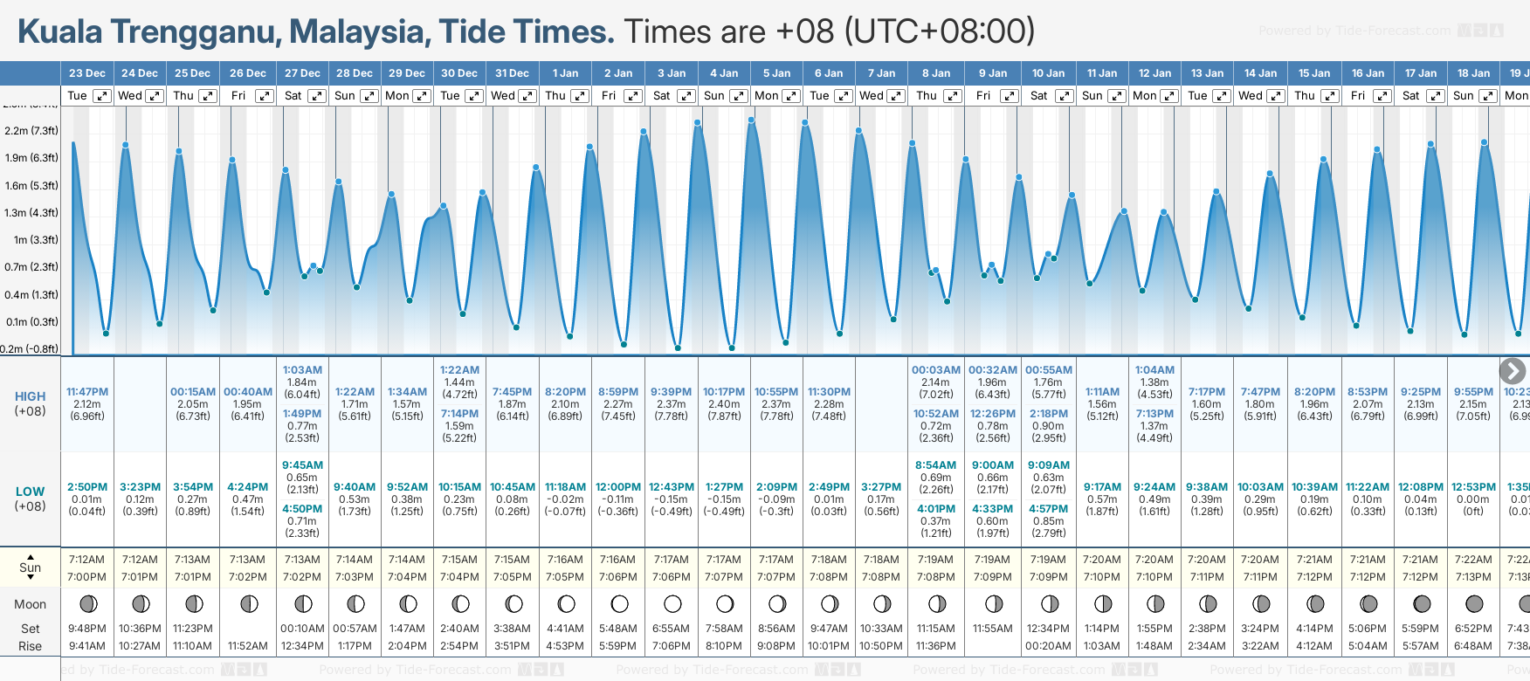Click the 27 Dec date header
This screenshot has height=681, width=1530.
tap(302, 73)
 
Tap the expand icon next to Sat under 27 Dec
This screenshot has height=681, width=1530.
tap(317, 96)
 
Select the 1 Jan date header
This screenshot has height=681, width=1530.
tap(565, 73)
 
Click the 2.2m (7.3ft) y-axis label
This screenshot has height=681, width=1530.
tap(31, 131)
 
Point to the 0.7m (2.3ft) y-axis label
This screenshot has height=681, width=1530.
tap(31, 267)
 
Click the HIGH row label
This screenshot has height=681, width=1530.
tap(30, 396)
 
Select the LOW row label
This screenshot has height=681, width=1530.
tap(30, 492)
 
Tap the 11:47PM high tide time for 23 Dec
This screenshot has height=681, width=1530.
tap(87, 392)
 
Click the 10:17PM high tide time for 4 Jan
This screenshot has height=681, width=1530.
tap(724, 392)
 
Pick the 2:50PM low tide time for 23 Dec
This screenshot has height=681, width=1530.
tap(87, 487)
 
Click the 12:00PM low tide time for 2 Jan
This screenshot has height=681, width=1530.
tap(618, 487)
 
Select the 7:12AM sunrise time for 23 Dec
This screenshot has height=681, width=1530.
tap(87, 560)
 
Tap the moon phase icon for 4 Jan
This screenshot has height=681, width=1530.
tap(725, 603)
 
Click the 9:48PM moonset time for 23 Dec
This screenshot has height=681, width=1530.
tap(87, 629)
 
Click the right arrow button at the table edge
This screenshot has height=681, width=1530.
tap(1513, 370)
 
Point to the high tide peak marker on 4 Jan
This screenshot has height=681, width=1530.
tap(698, 123)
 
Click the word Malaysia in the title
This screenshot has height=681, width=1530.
tap(359, 31)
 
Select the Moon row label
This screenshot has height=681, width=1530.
tap(30, 604)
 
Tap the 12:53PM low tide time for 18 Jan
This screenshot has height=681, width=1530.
tap(1473, 487)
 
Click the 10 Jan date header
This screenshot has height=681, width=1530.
tap(1048, 73)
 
